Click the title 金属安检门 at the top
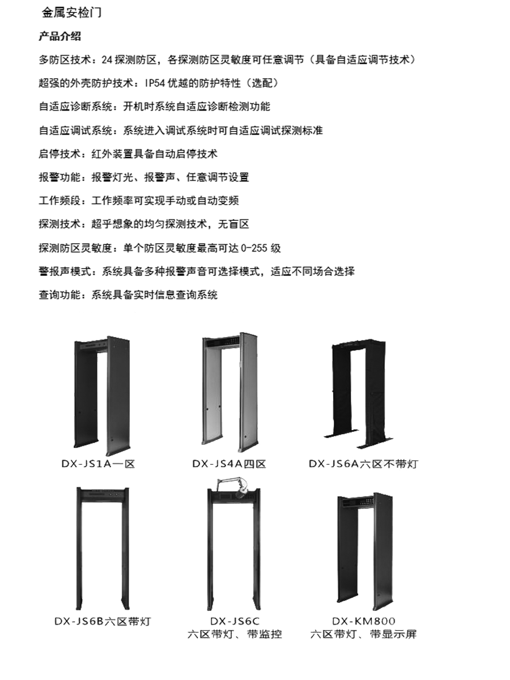click(71, 12)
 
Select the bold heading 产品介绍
click(59, 36)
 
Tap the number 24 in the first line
click(107, 59)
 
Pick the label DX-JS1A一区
click(98, 464)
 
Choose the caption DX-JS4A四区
click(229, 464)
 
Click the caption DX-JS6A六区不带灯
click(364, 464)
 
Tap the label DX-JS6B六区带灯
click(103, 621)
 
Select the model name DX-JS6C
click(235, 621)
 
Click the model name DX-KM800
click(364, 621)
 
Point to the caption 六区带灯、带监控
click(235, 634)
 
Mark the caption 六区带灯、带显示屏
click(364, 634)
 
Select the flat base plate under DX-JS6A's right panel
click(375, 443)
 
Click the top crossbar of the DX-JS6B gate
click(103, 493)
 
